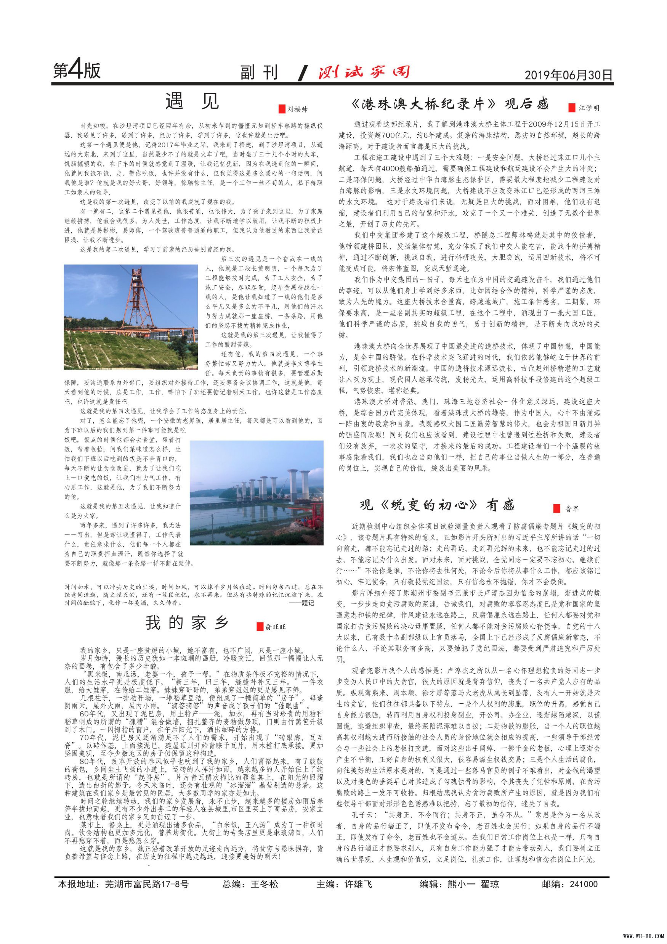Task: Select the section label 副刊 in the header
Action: click(259, 72)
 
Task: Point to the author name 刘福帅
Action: click(297, 109)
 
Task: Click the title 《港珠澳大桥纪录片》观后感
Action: click(450, 104)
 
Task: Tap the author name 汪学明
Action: click(589, 108)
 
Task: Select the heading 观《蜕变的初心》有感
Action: click(437, 505)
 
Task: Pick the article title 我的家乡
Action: click(187, 623)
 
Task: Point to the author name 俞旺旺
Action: click(275, 627)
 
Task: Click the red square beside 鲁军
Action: click(557, 508)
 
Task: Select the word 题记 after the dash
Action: click(308, 603)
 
